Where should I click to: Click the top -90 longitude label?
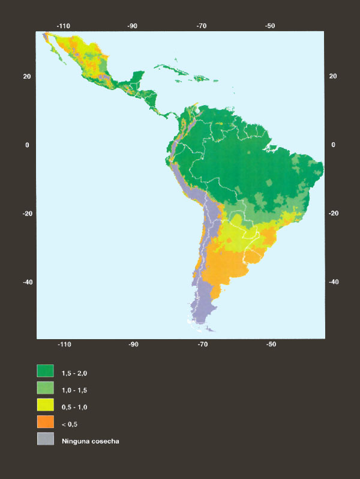point(133,26)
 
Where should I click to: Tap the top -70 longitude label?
point(202,26)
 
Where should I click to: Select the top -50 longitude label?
point(271,26)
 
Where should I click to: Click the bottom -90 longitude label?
point(133,345)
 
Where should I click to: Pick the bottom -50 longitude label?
point(271,345)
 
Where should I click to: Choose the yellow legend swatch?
point(46,405)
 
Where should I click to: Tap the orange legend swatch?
point(46,422)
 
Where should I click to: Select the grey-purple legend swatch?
point(46,439)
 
